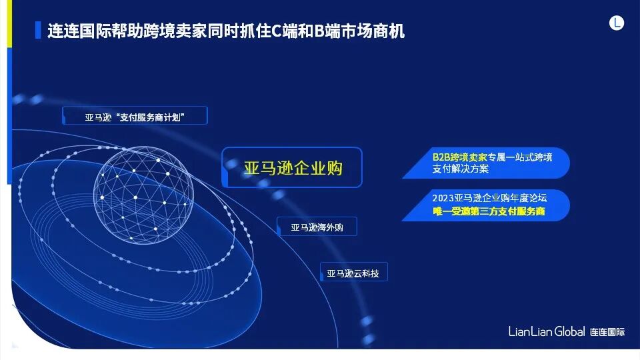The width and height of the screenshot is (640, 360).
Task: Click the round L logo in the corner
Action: click(617, 23)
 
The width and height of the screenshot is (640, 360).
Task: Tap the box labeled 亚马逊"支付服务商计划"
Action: click(135, 116)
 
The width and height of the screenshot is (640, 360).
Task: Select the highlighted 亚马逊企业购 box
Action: click(292, 167)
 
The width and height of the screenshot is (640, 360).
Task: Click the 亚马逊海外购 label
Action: click(317, 227)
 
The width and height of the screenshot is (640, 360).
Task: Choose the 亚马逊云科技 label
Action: click(353, 273)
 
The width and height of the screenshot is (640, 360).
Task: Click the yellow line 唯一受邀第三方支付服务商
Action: click(489, 211)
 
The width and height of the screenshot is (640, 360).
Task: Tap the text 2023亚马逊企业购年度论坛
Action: click(489, 199)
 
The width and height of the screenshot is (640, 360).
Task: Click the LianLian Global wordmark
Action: click(547, 331)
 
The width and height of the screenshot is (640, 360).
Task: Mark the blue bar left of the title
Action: click(37, 31)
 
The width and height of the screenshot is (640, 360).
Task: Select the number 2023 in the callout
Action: click(443, 199)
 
